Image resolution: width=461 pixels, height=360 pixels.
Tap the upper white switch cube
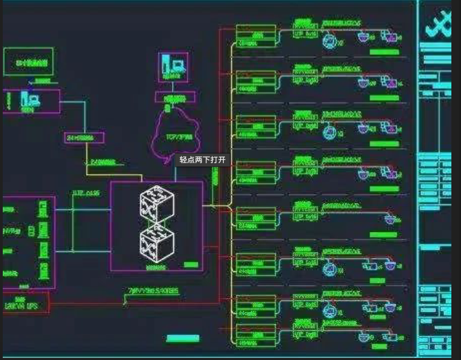157,204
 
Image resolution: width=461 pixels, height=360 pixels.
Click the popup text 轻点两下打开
202,160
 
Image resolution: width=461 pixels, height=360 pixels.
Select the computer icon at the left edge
30,100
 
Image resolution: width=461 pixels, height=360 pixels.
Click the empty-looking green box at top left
28,63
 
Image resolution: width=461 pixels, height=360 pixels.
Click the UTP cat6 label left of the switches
87,193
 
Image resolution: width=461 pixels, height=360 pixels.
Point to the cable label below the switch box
153,292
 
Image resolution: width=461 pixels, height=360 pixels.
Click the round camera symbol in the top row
329,41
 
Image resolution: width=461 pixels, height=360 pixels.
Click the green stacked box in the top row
255,36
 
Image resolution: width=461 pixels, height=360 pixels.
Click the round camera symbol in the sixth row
329,265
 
